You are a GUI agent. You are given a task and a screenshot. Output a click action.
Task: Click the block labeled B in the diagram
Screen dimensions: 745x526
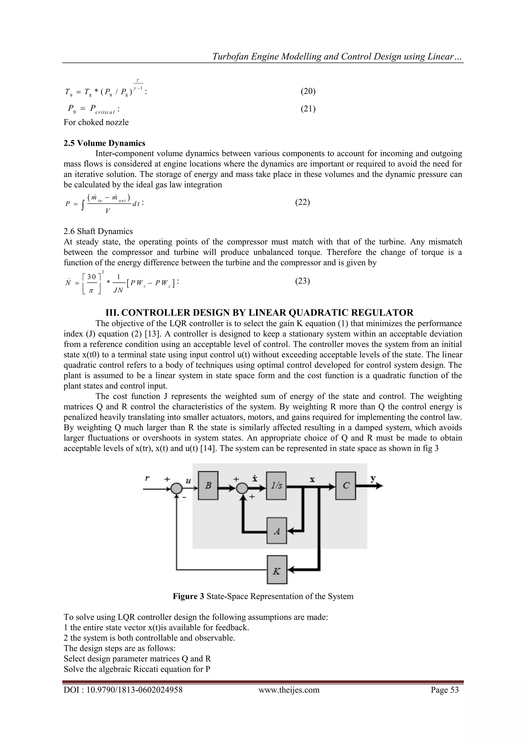pyautogui.click(x=208, y=486)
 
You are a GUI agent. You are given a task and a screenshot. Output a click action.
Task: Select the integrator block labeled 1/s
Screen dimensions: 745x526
pyautogui.click(x=276, y=486)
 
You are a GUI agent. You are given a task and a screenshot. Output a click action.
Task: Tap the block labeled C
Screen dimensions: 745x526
pyautogui.click(x=345, y=486)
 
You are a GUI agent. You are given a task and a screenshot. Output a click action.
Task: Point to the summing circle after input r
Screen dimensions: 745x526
pyautogui.click(x=176, y=488)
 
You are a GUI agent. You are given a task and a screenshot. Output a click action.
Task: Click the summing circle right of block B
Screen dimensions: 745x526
pyautogui.click(x=242, y=488)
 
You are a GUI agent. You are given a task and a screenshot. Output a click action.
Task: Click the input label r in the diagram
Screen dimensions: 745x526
pyautogui.click(x=147, y=478)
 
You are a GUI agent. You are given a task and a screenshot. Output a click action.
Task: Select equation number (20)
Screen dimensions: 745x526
pyautogui.click(x=308, y=91)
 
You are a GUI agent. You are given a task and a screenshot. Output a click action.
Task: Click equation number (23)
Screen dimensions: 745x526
pyautogui.click(x=302, y=281)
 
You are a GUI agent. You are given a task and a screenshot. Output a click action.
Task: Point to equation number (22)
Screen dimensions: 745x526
pyautogui.click(x=302, y=202)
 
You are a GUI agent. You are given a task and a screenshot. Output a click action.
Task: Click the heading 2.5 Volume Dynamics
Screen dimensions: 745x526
pyautogui.click(x=104, y=143)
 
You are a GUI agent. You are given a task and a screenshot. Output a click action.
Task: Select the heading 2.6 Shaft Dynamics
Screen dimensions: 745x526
pyautogui.click(x=98, y=231)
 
